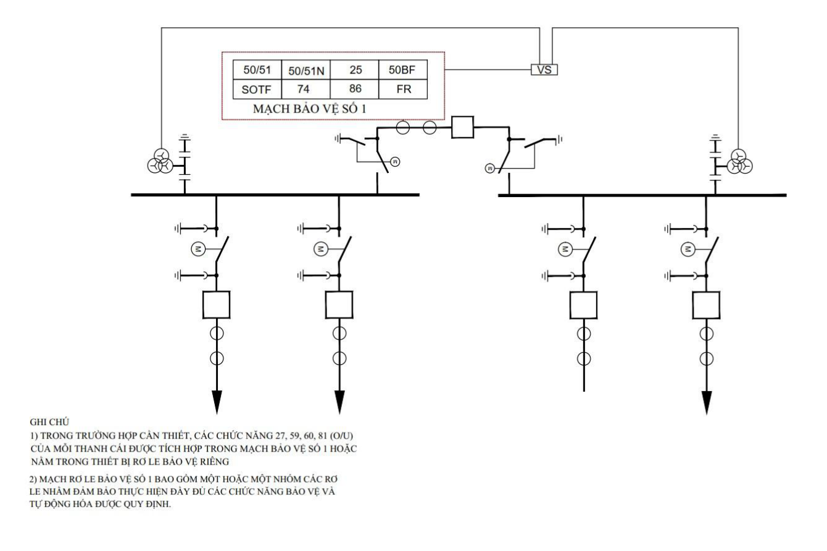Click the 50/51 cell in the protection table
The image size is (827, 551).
pos(257,69)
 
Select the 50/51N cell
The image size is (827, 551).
pos(306,69)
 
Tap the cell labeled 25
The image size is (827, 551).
pos(355,69)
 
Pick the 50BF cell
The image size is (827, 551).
pos(403,69)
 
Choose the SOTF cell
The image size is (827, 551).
pos(257,89)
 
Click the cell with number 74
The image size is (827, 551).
pos(306,89)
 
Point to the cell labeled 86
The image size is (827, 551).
pos(355,89)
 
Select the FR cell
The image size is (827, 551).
pos(403,89)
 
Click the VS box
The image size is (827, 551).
pos(544,69)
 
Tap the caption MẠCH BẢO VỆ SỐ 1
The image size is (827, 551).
pos(309,109)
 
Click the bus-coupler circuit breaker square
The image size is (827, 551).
pos(463,127)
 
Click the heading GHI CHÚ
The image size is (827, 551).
pos(49,422)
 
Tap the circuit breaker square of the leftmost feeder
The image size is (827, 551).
pos(217,305)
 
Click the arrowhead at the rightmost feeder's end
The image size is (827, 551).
pos(706,403)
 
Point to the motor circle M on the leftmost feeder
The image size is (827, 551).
pos(198,249)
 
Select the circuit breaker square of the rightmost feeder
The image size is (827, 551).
pos(706,305)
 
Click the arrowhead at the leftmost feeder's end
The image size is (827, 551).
pos(217,402)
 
